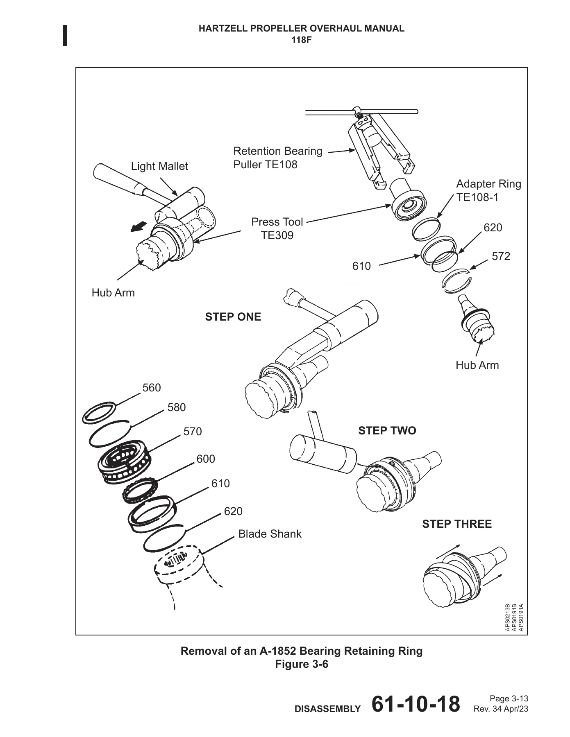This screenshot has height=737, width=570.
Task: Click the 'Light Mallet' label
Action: click(x=159, y=166)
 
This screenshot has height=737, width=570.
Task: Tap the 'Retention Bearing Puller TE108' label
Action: click(x=278, y=158)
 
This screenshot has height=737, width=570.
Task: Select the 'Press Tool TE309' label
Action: click(x=277, y=228)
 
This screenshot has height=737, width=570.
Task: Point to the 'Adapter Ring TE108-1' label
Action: click(x=488, y=190)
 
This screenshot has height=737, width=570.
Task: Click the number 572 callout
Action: click(x=501, y=256)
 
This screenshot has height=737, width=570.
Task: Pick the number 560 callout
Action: click(x=152, y=388)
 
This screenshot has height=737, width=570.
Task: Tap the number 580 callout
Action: click(x=177, y=407)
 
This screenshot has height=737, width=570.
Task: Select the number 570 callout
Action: click(x=193, y=432)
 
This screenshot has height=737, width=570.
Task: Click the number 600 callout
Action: click(x=206, y=459)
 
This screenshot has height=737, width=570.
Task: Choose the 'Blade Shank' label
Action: click(x=270, y=534)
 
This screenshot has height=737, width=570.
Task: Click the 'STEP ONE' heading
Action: click(x=233, y=317)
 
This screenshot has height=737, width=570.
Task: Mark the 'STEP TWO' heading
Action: click(x=387, y=431)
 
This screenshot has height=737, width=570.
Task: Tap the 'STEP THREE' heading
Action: click(x=457, y=524)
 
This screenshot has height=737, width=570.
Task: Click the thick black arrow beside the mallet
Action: click(x=139, y=226)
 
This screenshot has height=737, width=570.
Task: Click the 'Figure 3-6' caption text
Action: click(x=302, y=664)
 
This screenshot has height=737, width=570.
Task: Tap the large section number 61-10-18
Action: click(x=416, y=704)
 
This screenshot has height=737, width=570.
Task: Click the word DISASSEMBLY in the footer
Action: click(x=328, y=709)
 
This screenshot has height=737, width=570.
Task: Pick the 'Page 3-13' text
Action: click(x=509, y=699)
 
